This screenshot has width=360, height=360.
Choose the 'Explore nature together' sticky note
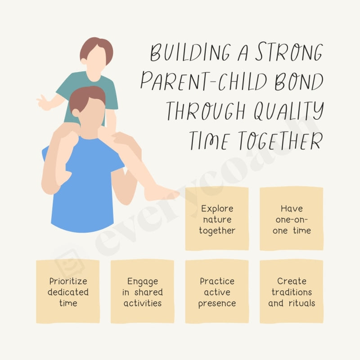tap(217, 219)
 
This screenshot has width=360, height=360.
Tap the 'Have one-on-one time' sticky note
tap(292, 219)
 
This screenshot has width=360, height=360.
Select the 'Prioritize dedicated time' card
tap(68, 291)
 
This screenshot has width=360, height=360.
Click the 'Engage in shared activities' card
tap(142, 291)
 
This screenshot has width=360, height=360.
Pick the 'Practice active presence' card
tap(217, 291)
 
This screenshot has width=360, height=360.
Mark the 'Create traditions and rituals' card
tap(292, 291)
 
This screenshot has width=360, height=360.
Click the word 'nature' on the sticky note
tap(217, 220)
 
